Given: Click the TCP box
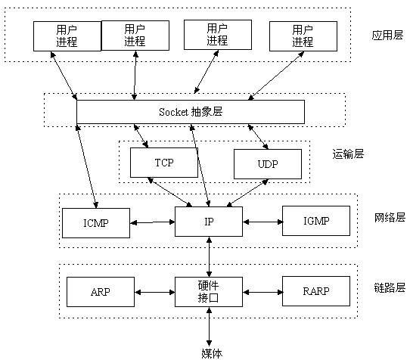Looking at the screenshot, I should coord(164,162).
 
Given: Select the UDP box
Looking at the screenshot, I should coord(267,163).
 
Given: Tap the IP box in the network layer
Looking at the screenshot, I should coord(208,222).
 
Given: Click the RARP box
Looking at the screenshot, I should coord(316,290).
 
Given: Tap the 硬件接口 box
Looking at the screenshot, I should coord(208,291).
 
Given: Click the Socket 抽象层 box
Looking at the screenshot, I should coord(191,111).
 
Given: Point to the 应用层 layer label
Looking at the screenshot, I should coord(387,36).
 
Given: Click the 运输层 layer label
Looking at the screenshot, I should coord(349,154).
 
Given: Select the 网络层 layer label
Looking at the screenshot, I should coord(390,217).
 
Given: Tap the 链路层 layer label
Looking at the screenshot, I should coord(390,287).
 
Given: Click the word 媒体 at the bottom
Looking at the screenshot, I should coord(212,352).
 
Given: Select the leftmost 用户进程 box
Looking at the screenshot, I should coord(67,35).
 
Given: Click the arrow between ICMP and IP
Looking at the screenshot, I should coord(152,222).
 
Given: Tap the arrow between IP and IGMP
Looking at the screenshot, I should coord(262,222).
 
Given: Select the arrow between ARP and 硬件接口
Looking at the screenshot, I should coord(154,291).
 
